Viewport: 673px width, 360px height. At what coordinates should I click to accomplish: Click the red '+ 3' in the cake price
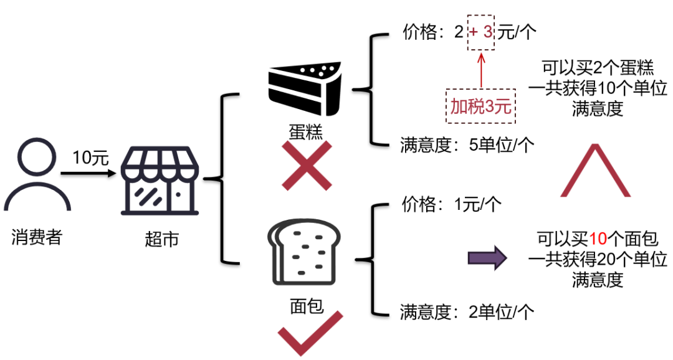(x=480, y=33)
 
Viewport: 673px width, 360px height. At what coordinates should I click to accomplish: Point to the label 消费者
(x=37, y=236)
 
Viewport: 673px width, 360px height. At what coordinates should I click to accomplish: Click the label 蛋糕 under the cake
(x=305, y=132)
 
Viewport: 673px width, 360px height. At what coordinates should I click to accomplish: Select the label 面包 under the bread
(x=306, y=305)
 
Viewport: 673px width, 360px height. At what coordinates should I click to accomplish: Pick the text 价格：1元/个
(x=451, y=204)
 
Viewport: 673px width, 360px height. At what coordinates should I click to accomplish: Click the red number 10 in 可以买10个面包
(x=598, y=239)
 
